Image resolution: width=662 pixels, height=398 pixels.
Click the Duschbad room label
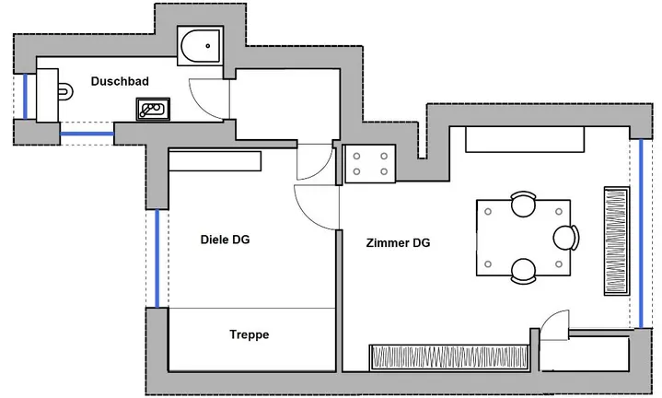click(x=120, y=81)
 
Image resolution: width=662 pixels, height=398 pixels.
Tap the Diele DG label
click(x=225, y=240)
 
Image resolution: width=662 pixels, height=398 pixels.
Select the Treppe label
click(x=250, y=334)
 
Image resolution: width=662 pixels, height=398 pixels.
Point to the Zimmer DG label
click(x=398, y=243)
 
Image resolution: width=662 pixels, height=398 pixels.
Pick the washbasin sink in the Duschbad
click(x=153, y=109)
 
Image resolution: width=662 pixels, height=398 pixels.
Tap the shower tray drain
click(x=208, y=46)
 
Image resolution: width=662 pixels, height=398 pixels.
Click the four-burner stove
click(x=370, y=163)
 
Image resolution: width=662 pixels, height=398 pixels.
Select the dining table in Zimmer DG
click(x=524, y=238)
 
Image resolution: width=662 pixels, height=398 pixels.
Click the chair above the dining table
click(x=524, y=204)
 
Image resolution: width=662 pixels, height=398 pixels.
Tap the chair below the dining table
click(x=524, y=271)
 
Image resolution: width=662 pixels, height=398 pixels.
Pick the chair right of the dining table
click(x=566, y=238)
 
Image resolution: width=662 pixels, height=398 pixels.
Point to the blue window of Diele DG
click(x=157, y=259)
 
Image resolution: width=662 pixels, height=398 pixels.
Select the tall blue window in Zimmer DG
click(x=641, y=233)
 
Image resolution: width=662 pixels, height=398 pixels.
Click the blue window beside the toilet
click(x=25, y=97)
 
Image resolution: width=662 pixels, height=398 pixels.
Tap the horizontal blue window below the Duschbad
click(x=87, y=134)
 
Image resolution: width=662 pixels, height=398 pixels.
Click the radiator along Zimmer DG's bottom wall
click(x=449, y=357)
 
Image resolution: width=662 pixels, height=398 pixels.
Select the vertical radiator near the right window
click(x=617, y=240)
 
